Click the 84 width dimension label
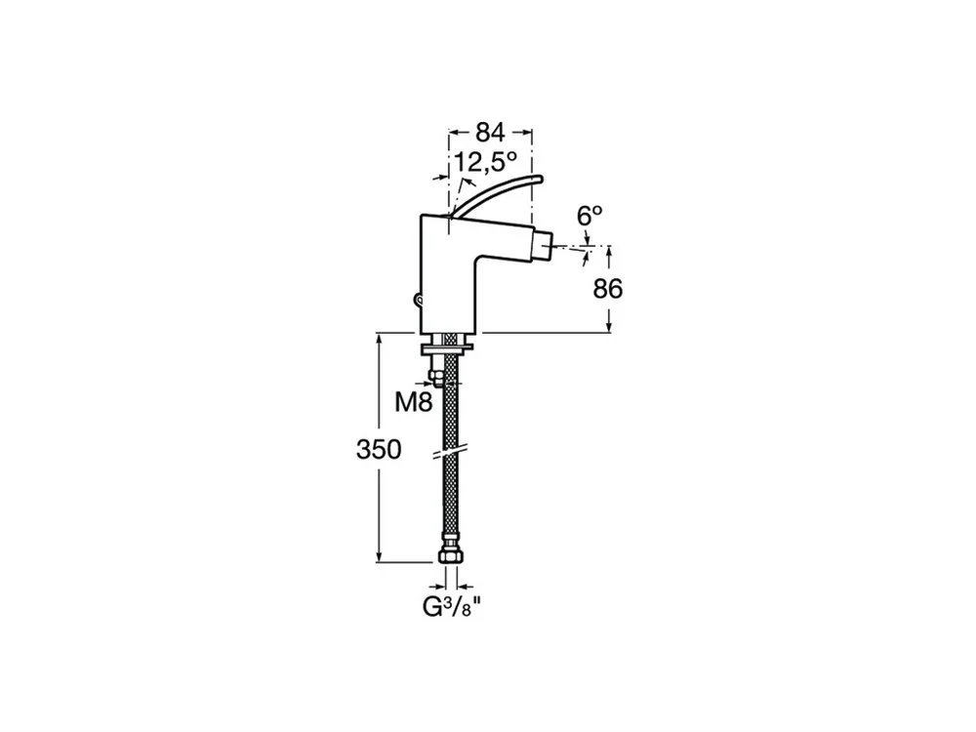(x=491, y=133)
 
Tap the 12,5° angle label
(x=485, y=162)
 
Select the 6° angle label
(x=590, y=216)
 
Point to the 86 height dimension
(x=607, y=289)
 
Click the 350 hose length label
(x=379, y=449)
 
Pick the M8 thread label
(x=414, y=403)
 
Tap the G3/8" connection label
(x=452, y=607)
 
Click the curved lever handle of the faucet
(x=497, y=194)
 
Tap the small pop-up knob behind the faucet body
(x=419, y=302)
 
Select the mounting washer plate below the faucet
(x=447, y=346)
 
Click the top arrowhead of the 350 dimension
(x=379, y=340)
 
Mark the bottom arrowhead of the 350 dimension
(x=379, y=555)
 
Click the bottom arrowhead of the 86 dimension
(x=610, y=326)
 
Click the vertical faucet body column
(x=449, y=274)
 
